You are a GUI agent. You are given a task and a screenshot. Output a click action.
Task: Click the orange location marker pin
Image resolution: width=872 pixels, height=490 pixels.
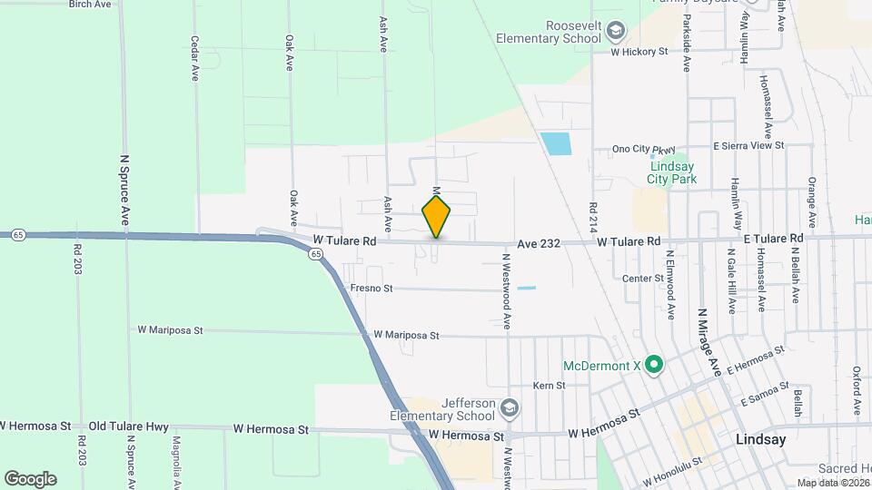436,217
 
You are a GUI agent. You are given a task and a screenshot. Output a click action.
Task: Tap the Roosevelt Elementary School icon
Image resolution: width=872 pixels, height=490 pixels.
617,33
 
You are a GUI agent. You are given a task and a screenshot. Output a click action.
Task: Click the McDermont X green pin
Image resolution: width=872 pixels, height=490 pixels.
653,366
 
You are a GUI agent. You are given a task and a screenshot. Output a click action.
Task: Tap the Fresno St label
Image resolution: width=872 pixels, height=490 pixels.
371,289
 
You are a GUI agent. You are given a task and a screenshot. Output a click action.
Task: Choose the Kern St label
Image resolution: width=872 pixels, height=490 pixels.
549,386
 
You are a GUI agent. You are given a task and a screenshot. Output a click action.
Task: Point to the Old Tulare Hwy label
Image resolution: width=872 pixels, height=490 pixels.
124,426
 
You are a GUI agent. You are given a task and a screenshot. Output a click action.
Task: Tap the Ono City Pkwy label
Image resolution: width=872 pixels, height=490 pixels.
646,149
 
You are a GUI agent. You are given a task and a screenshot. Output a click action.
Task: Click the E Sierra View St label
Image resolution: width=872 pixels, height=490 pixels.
748,145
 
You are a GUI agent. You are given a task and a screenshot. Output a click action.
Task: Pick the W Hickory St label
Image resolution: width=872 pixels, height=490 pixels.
639,52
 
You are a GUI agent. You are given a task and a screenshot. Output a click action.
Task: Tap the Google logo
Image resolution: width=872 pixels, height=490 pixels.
30,478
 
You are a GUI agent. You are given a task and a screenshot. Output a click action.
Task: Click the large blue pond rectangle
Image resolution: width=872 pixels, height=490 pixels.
555,144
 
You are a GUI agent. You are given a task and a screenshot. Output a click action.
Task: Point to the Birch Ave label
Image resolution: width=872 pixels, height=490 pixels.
90,5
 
